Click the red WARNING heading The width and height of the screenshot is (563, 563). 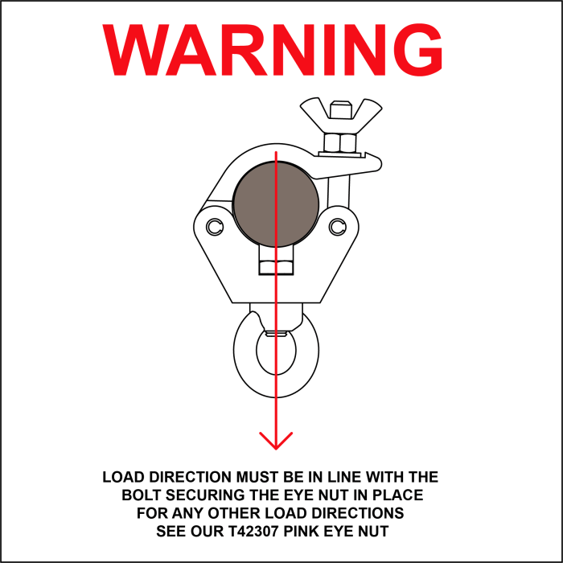point(272,50)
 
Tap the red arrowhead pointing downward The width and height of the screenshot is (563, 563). point(276,441)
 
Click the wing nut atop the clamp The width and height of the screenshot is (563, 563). point(341,115)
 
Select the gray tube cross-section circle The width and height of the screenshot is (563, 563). point(276,204)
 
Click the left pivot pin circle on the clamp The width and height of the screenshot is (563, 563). point(215,227)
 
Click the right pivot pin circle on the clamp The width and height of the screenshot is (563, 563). point(338,226)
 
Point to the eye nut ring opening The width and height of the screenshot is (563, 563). point(276,354)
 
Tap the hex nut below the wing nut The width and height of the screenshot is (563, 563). point(340,142)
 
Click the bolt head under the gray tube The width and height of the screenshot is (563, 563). point(276,268)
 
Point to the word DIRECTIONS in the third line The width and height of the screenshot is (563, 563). point(357,513)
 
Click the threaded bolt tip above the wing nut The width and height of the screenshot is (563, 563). point(340,109)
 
